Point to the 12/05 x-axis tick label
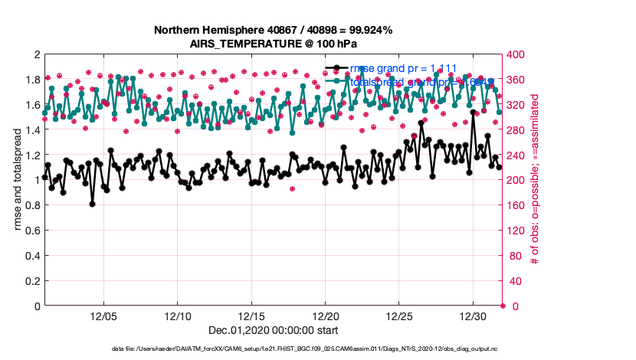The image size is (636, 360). point(103,316)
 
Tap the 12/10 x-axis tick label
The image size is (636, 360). point(178,316)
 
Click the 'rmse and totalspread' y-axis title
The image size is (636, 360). point(16,180)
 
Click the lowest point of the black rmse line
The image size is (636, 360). point(92,204)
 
